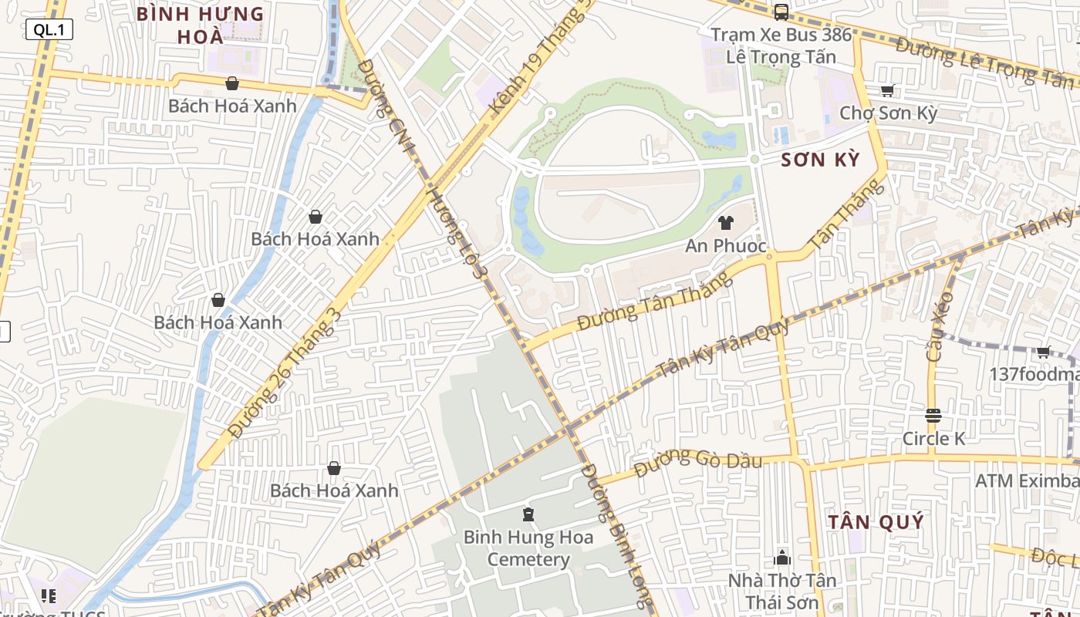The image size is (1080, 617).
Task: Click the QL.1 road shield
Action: [x=49, y=30]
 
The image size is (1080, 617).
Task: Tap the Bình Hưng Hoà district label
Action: [x=200, y=25]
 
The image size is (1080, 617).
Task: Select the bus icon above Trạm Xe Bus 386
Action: [x=781, y=12]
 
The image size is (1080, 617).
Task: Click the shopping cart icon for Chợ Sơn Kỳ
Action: [x=887, y=91]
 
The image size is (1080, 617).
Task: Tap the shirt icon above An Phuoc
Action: [x=725, y=224]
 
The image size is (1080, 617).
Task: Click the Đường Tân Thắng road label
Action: [x=654, y=301]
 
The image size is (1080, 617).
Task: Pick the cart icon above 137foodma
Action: [x=1043, y=352]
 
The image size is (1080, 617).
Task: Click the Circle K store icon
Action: [x=933, y=416]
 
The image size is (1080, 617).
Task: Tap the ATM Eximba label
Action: [x=1026, y=481]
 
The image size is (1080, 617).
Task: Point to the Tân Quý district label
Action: [x=876, y=522]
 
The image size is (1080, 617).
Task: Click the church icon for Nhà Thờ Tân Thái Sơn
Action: [x=782, y=558]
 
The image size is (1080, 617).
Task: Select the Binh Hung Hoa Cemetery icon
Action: [x=528, y=514]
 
